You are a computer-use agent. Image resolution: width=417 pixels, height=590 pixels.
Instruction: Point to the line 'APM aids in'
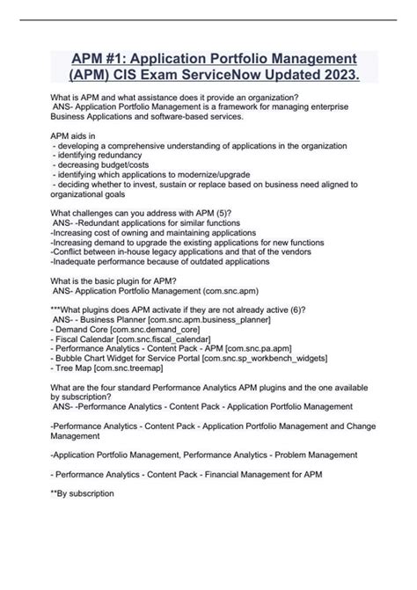(75, 135)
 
